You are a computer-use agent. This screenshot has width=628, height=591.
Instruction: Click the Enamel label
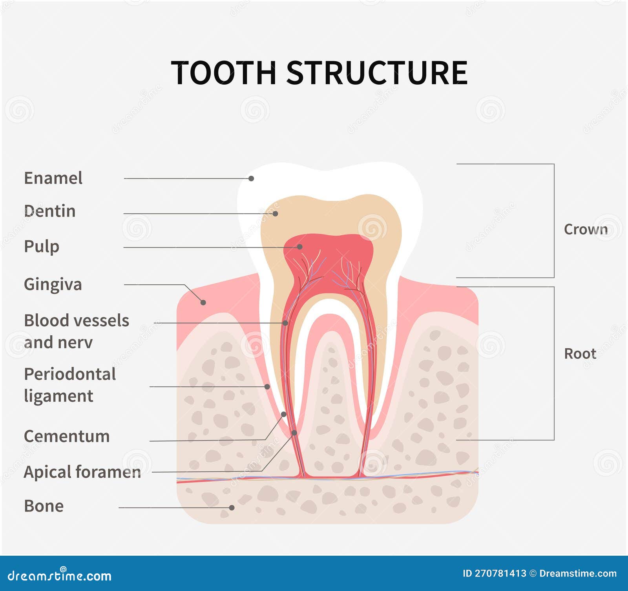click(53, 178)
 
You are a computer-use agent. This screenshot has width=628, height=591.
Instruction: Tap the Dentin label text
click(49, 211)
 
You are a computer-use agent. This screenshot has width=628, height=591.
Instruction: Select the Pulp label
click(42, 247)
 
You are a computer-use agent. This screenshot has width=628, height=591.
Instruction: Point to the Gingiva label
click(53, 284)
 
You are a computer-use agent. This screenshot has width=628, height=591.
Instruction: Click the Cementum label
click(67, 436)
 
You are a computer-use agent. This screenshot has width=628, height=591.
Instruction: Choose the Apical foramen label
click(82, 472)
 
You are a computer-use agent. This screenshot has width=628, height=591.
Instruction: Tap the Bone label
click(44, 506)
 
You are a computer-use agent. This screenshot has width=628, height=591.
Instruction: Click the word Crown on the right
click(586, 229)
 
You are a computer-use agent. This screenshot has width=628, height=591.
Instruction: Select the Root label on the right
click(580, 354)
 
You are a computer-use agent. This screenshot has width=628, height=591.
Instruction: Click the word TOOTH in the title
click(224, 73)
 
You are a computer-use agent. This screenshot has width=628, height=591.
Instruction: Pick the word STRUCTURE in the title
click(377, 73)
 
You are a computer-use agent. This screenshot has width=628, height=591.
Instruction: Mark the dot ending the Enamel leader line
click(251, 178)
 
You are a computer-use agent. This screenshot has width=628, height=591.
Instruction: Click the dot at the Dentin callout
click(275, 214)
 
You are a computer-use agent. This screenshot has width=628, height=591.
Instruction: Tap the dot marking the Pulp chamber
click(299, 247)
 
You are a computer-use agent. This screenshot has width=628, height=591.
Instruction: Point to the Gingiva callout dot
click(203, 302)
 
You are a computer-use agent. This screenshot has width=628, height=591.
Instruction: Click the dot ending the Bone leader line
click(232, 507)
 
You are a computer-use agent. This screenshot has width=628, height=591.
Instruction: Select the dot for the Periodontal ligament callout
click(267, 387)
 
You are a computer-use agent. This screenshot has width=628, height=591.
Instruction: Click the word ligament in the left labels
click(58, 396)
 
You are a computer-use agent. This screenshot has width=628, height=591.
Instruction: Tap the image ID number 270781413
click(500, 573)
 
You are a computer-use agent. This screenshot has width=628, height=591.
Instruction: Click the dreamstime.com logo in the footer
click(60, 575)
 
